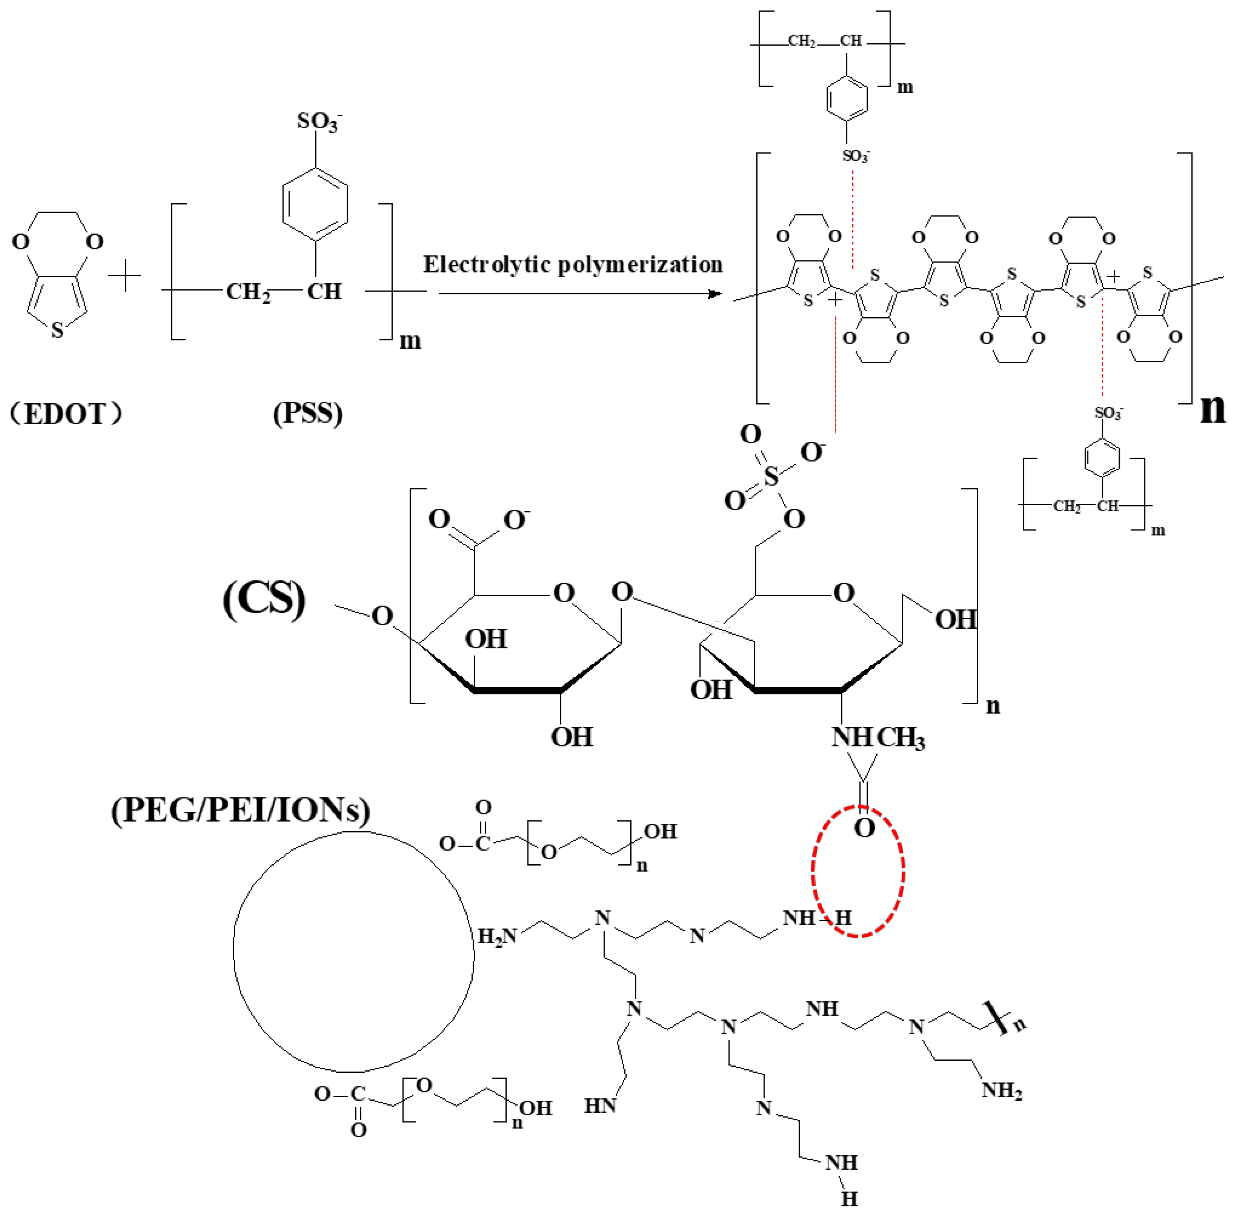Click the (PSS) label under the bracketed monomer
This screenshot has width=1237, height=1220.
pyautogui.click(x=307, y=413)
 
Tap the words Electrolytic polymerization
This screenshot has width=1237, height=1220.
pyautogui.click(x=573, y=264)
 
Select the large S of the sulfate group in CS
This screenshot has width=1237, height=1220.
pyautogui.click(x=772, y=477)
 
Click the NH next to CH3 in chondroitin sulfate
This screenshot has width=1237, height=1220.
pyautogui.click(x=852, y=738)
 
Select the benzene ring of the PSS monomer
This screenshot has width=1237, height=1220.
pyautogui.click(x=315, y=205)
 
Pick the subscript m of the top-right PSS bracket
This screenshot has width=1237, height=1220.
pyautogui.click(x=905, y=87)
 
